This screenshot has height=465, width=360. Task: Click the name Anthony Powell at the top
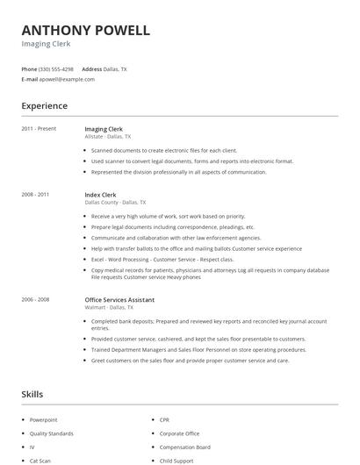(x=86, y=30)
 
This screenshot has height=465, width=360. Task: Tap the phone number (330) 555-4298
(x=56, y=68)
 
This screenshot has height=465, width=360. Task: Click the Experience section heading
(x=44, y=106)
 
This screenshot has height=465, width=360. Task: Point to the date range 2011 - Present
(x=39, y=129)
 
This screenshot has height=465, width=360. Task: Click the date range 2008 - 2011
(x=35, y=195)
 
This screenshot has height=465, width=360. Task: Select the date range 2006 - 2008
(x=35, y=299)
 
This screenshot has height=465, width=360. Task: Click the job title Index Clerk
(x=100, y=195)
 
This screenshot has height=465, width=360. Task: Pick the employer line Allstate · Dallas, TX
(x=107, y=137)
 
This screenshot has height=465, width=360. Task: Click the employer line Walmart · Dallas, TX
(x=109, y=307)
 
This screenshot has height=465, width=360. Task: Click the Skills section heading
(x=32, y=395)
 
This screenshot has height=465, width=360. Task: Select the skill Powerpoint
(x=43, y=420)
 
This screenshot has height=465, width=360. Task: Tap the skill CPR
(x=165, y=420)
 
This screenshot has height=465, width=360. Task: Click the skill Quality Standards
(x=51, y=433)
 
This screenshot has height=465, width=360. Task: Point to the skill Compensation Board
(x=184, y=447)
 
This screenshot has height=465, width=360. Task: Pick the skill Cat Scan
(x=40, y=460)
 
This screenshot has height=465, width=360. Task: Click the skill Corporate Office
(x=179, y=433)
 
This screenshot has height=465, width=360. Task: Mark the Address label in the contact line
(x=92, y=68)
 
